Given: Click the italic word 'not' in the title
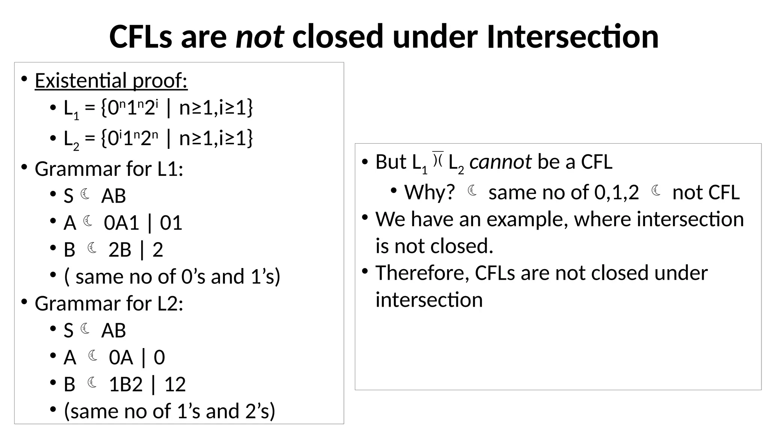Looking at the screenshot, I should [x=259, y=37].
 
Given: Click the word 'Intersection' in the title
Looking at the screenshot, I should [x=572, y=37].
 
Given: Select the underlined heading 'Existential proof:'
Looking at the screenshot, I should [x=111, y=80].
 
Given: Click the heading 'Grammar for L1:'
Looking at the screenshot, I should [x=109, y=169].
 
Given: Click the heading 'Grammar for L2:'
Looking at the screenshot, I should [x=109, y=303].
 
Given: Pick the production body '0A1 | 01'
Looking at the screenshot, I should [x=143, y=223].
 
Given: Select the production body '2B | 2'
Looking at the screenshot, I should [x=136, y=250].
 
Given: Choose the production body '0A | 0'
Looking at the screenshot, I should [x=137, y=357].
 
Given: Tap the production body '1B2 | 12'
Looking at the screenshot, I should [x=147, y=385].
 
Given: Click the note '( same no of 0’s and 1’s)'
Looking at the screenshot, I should [x=172, y=277].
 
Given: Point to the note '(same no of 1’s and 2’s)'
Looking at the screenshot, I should [x=170, y=411].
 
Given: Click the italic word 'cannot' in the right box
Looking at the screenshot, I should [x=500, y=162].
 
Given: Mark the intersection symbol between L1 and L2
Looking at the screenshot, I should [x=438, y=159].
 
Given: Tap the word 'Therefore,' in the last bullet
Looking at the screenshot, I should [x=422, y=273].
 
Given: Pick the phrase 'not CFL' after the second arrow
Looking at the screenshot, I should [x=706, y=192].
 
